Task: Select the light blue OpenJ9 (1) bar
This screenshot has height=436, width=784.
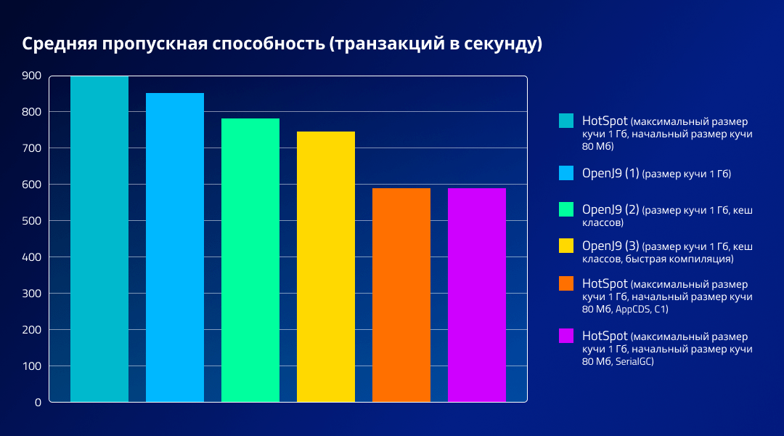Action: (x=175, y=247)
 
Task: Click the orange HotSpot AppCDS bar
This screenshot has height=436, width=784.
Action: (x=401, y=294)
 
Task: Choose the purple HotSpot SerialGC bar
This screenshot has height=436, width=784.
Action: (x=477, y=294)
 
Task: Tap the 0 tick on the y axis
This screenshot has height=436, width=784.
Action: (x=38, y=402)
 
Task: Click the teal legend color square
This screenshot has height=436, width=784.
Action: (x=566, y=121)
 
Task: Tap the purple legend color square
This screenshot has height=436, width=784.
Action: (x=566, y=336)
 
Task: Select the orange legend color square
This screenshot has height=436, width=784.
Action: (x=566, y=283)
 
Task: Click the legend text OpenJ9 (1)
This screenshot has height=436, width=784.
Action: (x=611, y=173)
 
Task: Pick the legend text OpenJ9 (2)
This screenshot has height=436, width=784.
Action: (x=611, y=209)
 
